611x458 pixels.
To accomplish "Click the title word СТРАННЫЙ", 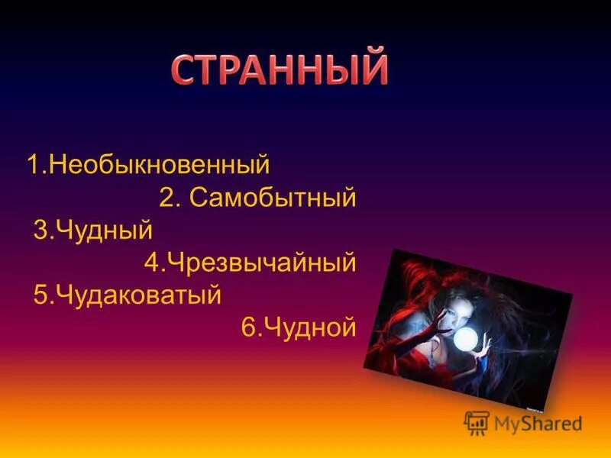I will pos(280,70).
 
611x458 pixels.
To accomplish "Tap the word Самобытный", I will pos(273,198).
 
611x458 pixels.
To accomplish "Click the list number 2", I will pos(167,198).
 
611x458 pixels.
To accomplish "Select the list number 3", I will pos(40,231).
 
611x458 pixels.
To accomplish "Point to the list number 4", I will pos(150,263).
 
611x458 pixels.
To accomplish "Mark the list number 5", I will pos(40,295).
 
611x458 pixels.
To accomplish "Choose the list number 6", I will pos(248,327).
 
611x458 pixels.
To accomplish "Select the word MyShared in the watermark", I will pos(538,424).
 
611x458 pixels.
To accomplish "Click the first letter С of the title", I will pos(183,71).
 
